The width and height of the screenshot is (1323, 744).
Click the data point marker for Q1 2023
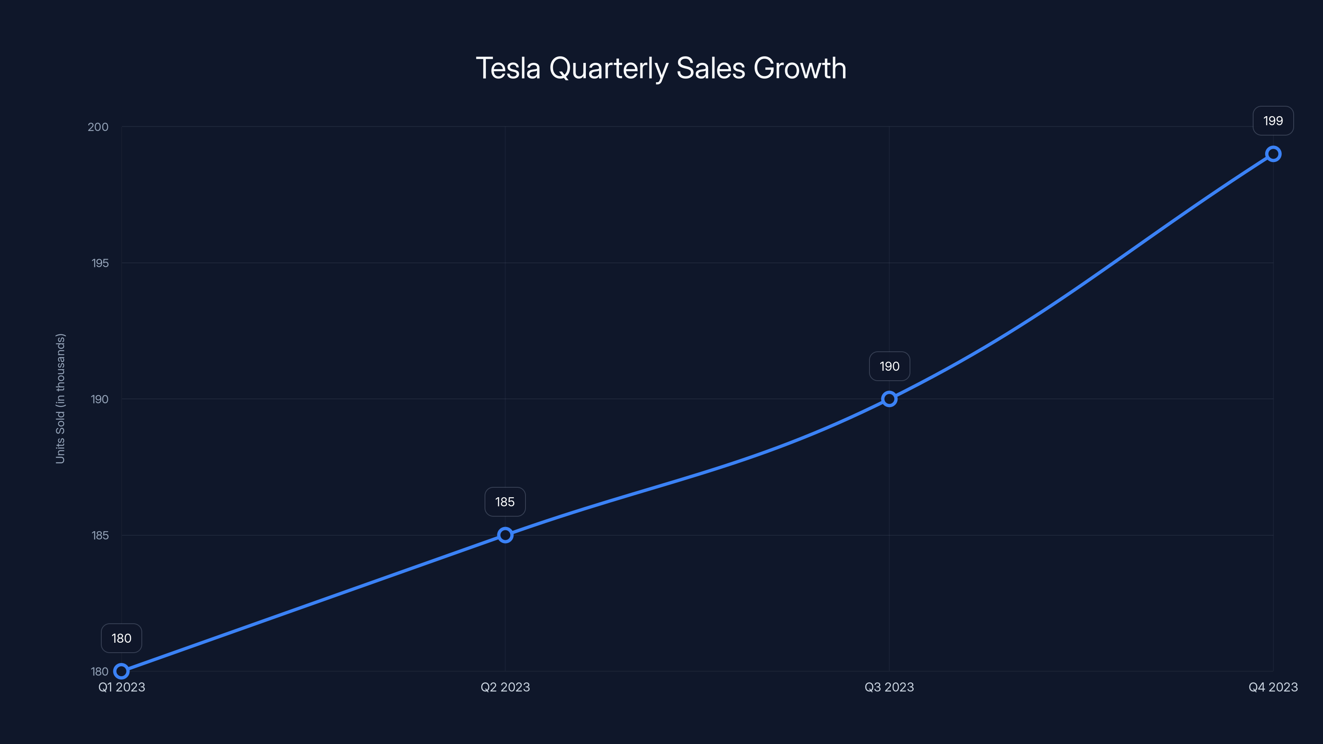pos(121,671)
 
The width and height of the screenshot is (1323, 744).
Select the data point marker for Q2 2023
pos(505,535)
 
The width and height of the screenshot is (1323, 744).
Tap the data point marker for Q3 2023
pos(889,399)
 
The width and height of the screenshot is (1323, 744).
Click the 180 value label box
pos(121,638)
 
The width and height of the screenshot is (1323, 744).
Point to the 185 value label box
pos(505,502)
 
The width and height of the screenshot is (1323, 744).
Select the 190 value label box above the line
pos(889,366)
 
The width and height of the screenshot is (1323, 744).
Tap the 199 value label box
pos(1273,121)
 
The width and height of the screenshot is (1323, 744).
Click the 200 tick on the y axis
pos(98,127)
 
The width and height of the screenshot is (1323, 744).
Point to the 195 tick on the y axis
pos(100,263)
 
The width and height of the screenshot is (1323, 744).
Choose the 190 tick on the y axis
pos(100,399)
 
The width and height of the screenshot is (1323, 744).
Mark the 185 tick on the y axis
pos(100,535)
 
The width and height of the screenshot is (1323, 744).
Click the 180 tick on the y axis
pos(100,671)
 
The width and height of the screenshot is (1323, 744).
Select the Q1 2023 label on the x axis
pos(122,687)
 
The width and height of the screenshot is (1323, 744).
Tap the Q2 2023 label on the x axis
pos(505,687)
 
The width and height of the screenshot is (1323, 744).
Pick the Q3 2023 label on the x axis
pos(889,687)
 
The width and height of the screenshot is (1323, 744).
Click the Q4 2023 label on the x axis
pos(1273,687)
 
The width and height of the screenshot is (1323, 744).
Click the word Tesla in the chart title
pos(508,68)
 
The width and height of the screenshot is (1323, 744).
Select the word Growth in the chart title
pos(800,68)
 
